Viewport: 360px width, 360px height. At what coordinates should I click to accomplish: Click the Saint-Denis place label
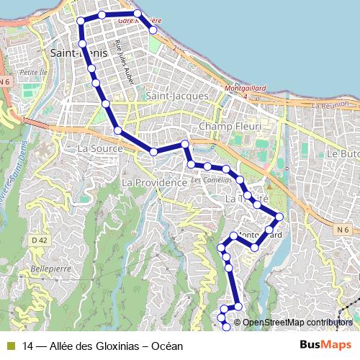[79, 53]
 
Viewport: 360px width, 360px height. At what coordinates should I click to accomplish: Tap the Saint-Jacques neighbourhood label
[176, 96]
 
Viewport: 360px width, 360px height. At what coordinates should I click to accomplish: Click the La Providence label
[154, 183]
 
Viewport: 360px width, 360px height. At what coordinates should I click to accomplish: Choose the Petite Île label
[33, 72]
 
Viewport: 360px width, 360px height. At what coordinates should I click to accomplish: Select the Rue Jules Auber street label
[125, 70]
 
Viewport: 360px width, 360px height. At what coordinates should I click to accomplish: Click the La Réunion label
[333, 105]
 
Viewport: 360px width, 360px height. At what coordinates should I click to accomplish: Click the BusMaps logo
[325, 345]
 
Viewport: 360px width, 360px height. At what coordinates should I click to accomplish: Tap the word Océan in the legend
[168, 346]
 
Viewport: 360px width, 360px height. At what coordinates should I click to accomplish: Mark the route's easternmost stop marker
[279, 217]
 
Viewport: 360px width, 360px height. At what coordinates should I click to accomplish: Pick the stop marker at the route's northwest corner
[81, 20]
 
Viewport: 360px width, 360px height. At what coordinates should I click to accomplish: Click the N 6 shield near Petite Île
[5, 81]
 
